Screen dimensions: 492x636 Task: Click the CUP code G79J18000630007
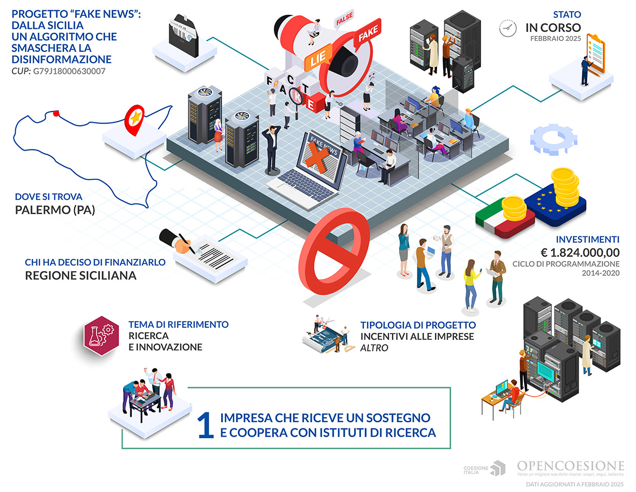coord(69,71)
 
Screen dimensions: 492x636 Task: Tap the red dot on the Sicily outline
coord(56,113)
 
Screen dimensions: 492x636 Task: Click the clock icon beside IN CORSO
coord(508,28)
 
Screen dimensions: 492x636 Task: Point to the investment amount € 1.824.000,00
coord(580,253)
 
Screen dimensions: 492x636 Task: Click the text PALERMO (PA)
coord(55,210)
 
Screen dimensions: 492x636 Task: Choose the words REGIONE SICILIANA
coord(81,276)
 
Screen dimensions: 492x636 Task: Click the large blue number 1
coord(206,425)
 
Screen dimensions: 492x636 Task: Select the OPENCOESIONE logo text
coord(570,466)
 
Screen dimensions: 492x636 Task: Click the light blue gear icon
coord(553,139)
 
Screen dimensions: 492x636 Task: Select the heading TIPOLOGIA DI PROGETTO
coord(418,325)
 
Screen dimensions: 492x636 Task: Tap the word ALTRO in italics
coord(374,348)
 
